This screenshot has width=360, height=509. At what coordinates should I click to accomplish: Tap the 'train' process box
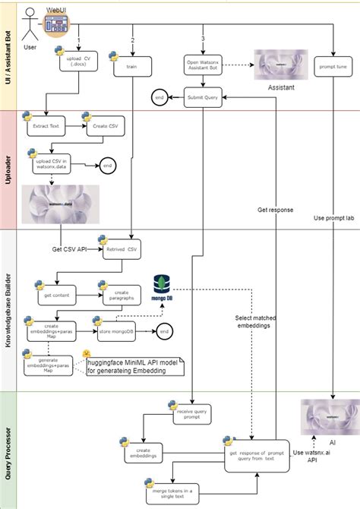(x=131, y=66)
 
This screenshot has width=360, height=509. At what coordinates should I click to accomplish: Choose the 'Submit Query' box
(x=202, y=97)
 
